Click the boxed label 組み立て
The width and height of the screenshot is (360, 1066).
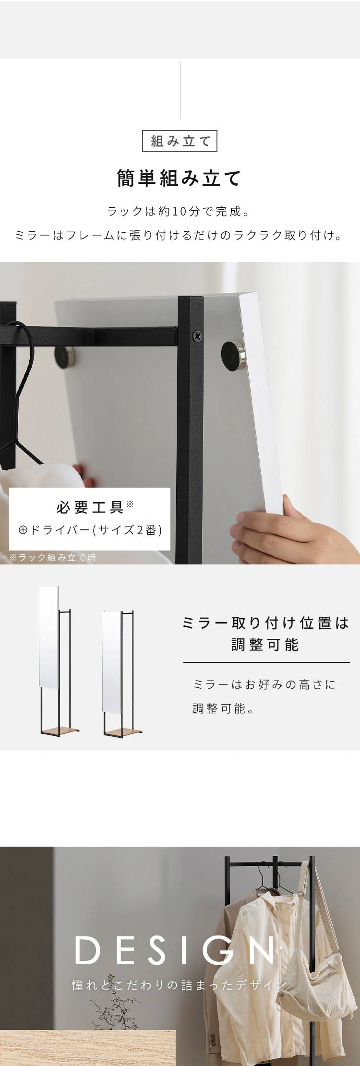tap(180, 141)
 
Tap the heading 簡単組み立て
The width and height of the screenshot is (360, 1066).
tap(180, 178)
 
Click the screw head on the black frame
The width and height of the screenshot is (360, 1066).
tap(197, 336)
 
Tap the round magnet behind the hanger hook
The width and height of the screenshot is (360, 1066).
tap(63, 356)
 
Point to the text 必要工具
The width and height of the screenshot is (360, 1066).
tap(90, 507)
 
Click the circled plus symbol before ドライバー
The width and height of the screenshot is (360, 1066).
tap(22, 530)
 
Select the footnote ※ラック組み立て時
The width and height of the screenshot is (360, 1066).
tap(52, 557)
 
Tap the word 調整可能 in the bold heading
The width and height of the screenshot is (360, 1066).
tap(265, 645)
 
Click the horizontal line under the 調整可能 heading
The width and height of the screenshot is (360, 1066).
tap(266, 662)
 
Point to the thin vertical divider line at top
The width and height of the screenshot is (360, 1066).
tap(180, 90)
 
